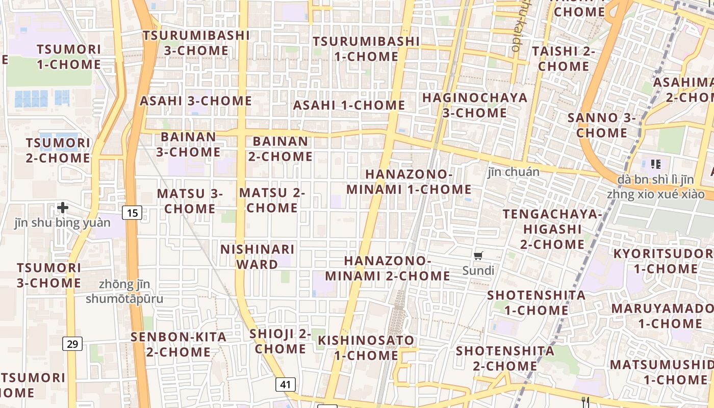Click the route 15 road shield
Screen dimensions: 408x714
point(132,213)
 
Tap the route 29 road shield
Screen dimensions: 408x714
point(72,344)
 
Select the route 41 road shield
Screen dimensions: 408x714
point(285,384)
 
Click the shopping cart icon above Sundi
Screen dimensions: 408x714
point(478,256)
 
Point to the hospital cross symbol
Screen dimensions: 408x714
point(63,208)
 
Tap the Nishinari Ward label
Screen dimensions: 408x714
point(258,257)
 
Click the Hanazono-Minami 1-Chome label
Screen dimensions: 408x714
point(409,182)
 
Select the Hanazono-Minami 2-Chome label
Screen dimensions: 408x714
point(388,269)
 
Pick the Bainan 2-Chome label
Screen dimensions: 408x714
point(280,149)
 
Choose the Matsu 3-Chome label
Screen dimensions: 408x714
point(190,201)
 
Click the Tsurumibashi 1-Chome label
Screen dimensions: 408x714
point(366,49)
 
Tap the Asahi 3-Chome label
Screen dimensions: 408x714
point(196,101)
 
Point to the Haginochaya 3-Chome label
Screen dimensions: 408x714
point(475,105)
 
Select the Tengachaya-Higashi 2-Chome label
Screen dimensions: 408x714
point(552,229)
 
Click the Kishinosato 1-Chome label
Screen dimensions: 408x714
point(366,347)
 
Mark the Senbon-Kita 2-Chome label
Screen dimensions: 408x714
point(178,344)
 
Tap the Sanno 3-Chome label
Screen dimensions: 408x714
point(602,125)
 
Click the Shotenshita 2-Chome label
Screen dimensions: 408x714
point(505,359)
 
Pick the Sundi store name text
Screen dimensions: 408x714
point(478,271)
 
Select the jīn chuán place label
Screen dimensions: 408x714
point(514,172)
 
